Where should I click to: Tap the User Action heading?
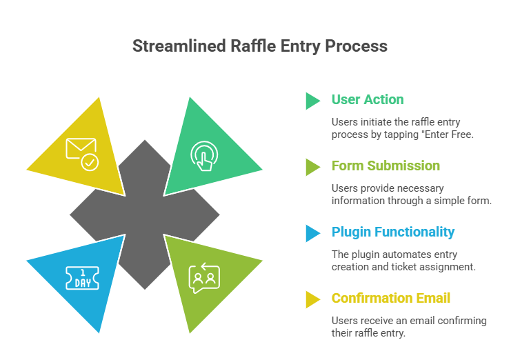click(367, 99)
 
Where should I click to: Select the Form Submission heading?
click(385, 166)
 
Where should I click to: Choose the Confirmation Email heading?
click(392, 298)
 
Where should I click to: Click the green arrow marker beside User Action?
click(312, 101)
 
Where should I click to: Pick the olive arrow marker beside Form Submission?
click(312, 167)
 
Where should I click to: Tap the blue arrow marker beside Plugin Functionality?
click(312, 233)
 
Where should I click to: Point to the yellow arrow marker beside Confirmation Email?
click(312, 299)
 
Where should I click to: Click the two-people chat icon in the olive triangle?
click(203, 279)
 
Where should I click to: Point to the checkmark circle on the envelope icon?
click(90, 162)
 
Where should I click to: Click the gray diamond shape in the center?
click(145, 214)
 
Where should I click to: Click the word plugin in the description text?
click(366, 254)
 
